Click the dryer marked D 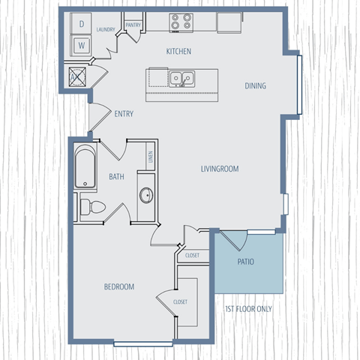[x=81, y=25]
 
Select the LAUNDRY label [x=106, y=30]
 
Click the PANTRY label [x=133, y=25]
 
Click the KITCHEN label [x=178, y=51]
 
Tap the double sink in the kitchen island [x=180, y=77]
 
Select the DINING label [x=255, y=85]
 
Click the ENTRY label [x=124, y=114]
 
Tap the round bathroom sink [x=146, y=196]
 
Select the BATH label [x=116, y=178]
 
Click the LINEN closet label [x=150, y=157]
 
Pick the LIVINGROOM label [x=220, y=169]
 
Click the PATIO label [x=246, y=262]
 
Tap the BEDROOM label [x=118, y=286]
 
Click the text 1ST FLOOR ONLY [x=248, y=308]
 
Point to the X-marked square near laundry [x=76, y=74]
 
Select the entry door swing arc [x=98, y=116]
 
